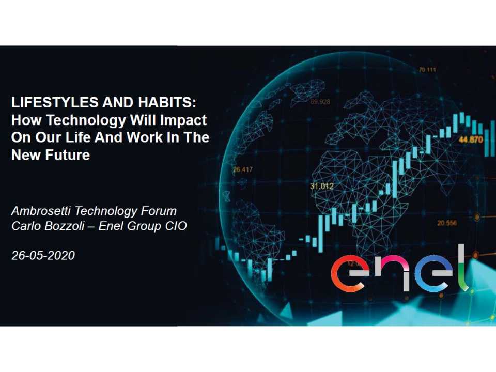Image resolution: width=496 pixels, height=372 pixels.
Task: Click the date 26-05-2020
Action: (43, 255)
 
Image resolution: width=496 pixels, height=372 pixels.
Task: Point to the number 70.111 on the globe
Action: (427, 70)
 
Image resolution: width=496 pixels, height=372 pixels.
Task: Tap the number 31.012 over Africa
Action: (321, 186)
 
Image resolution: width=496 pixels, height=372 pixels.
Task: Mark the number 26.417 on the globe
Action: (242, 169)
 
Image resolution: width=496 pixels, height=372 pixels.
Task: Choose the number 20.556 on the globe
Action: (447, 223)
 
